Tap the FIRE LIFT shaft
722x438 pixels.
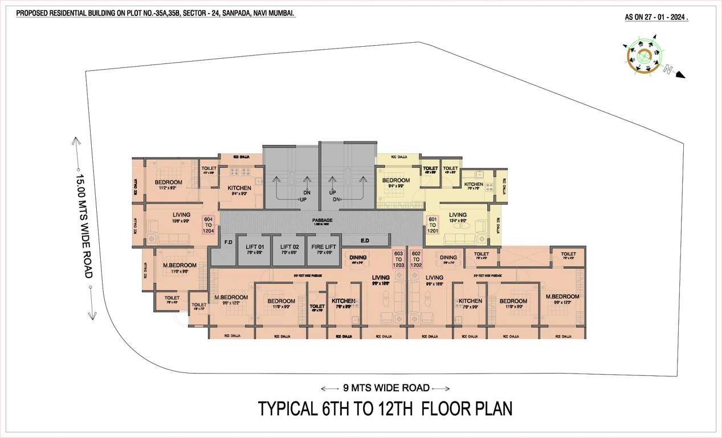(325, 249)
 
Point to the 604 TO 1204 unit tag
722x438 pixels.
(209, 225)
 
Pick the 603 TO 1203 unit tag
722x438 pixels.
(398, 259)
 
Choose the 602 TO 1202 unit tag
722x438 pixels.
(416, 259)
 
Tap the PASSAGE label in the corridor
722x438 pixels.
(322, 221)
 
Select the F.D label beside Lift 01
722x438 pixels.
(228, 242)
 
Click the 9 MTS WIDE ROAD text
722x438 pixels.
(386, 388)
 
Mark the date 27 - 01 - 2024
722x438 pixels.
(667, 18)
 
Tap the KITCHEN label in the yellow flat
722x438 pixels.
(473, 184)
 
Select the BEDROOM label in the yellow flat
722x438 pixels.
(395, 181)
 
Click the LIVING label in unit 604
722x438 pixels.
(181, 214)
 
